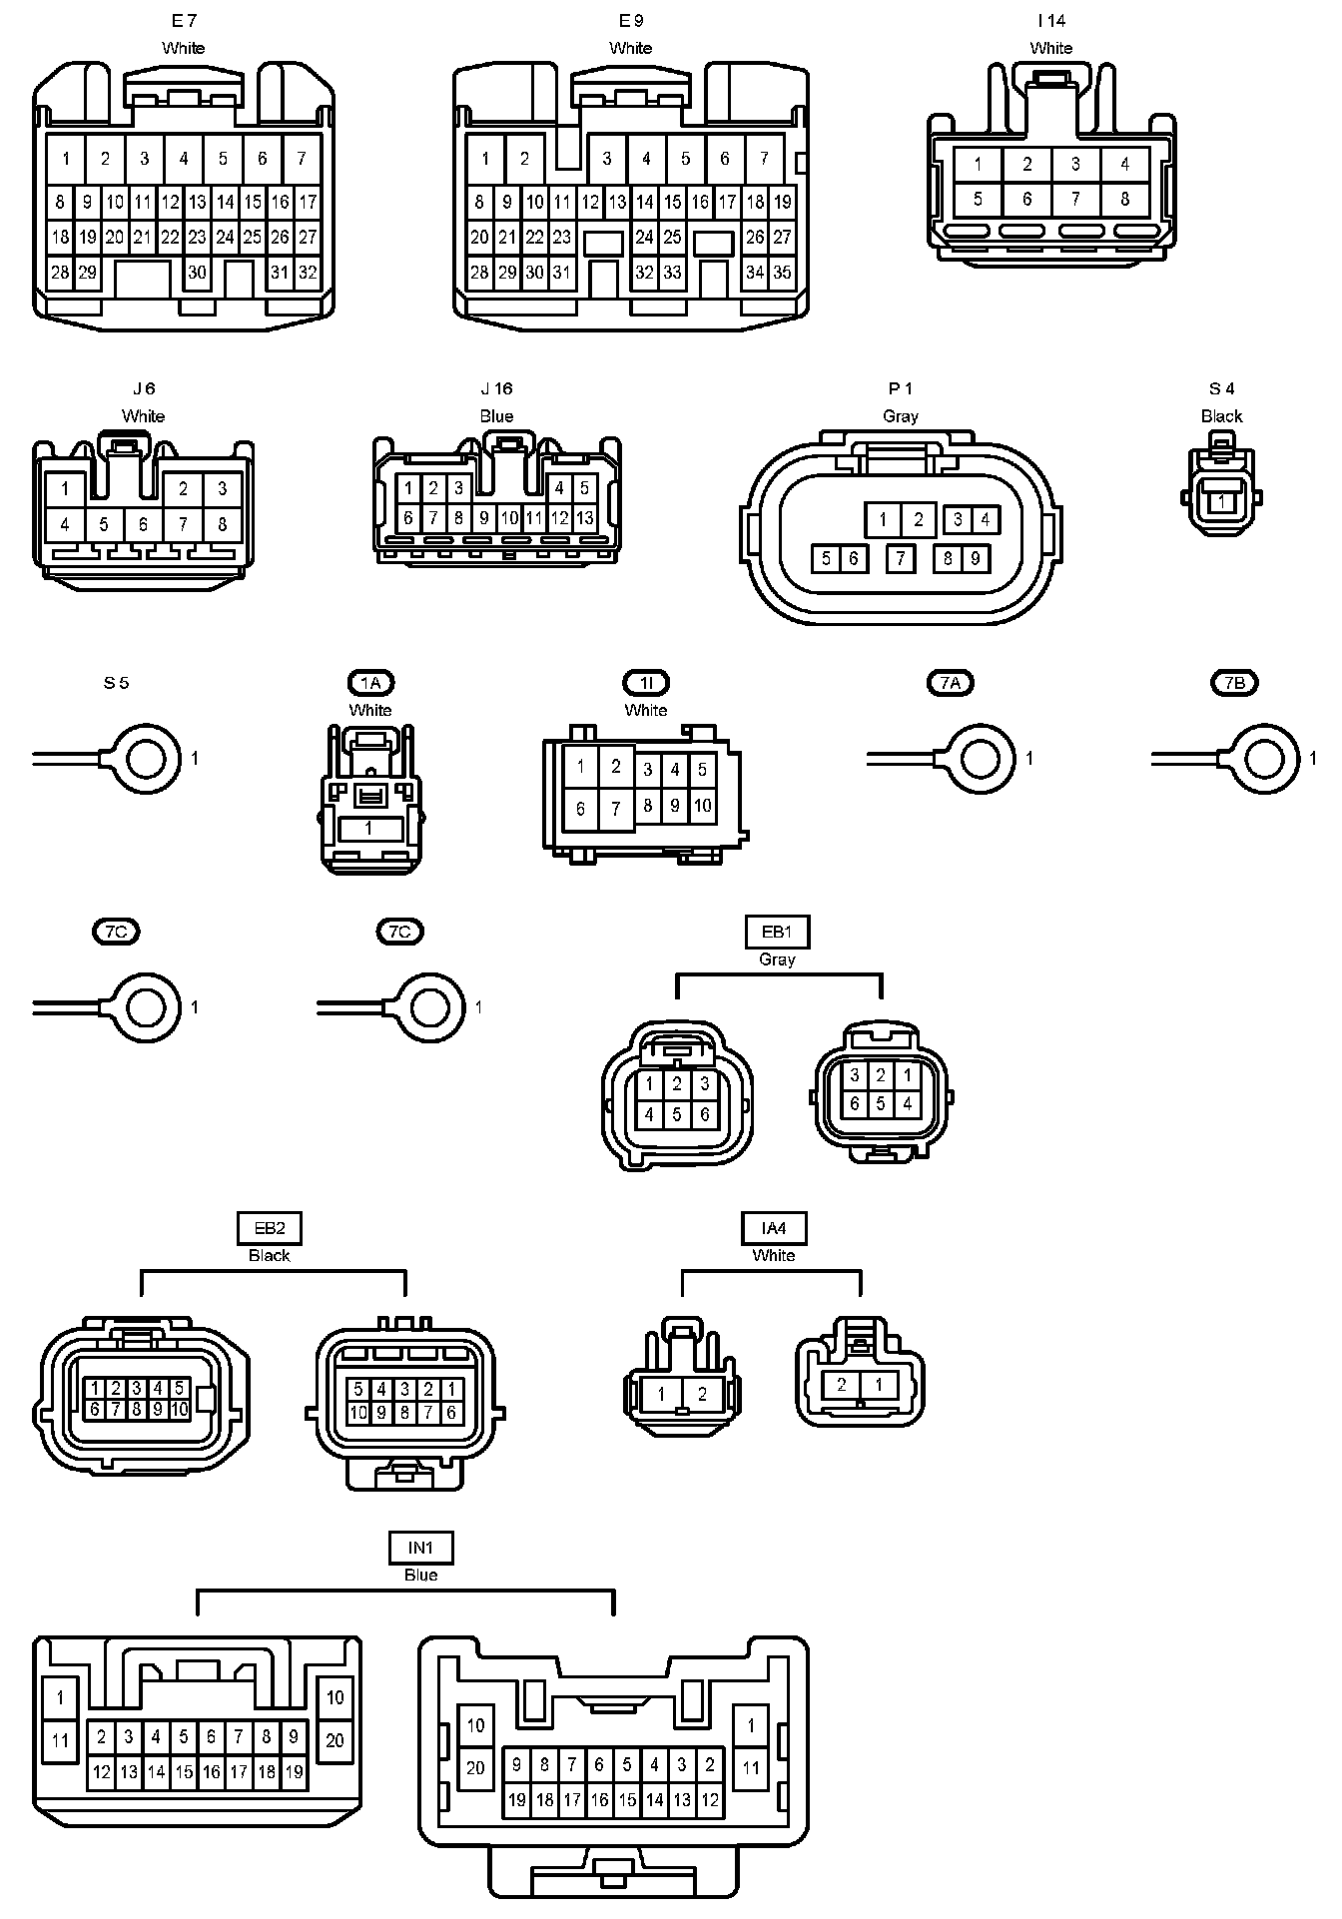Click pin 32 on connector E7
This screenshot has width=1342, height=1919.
[x=308, y=273]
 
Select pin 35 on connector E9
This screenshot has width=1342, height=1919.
[x=782, y=273]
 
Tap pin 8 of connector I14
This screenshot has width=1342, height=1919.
[x=1124, y=199]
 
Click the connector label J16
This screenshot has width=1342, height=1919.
[x=496, y=388]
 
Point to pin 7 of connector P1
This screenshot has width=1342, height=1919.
[x=901, y=558]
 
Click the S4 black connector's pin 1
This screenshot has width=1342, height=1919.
[x=1222, y=502]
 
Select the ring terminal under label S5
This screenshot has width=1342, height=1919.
[x=146, y=760]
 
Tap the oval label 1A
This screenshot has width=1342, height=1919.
[x=370, y=683]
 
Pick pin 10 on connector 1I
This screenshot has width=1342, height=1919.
[x=703, y=805]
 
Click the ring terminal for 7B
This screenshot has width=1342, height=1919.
[x=1265, y=760]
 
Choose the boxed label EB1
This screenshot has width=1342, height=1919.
[x=777, y=932]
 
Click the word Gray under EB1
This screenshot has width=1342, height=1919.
[x=777, y=959]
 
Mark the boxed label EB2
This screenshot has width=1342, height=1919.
[x=270, y=1228]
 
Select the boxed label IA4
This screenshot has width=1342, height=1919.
[x=774, y=1228]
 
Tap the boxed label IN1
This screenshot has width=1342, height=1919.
[x=420, y=1549]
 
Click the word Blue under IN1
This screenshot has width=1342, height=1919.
[x=420, y=1576]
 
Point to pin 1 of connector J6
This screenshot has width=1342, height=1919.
[x=65, y=489]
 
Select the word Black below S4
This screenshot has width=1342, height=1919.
[x=1221, y=416]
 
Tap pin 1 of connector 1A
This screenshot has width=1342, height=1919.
[x=368, y=829]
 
